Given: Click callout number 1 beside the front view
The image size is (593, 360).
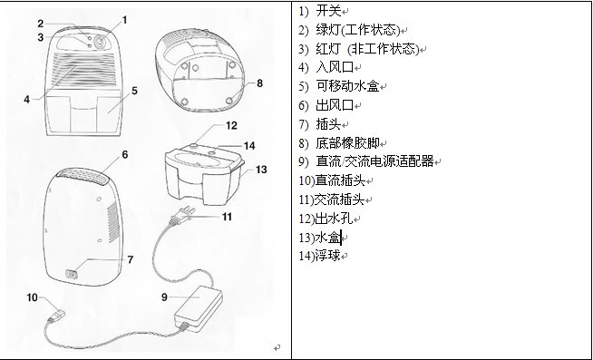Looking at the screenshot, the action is (x=124, y=20).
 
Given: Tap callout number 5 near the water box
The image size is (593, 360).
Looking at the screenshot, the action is (x=134, y=92).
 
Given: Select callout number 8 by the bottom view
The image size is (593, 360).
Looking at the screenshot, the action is (x=259, y=83).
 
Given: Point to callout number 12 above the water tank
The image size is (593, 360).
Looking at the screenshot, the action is (x=231, y=125).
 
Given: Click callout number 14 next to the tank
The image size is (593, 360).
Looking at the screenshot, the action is (x=249, y=146).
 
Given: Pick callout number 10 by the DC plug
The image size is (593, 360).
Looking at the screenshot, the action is (x=32, y=297).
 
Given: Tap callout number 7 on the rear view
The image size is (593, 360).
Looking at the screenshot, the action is (x=130, y=259).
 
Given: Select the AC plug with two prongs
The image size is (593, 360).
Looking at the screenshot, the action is (x=183, y=216).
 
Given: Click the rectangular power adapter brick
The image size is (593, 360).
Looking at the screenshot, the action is (x=199, y=308).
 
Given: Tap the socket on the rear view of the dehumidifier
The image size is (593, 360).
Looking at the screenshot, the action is (x=71, y=274).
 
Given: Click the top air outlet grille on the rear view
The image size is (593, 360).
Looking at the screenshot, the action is (x=83, y=177).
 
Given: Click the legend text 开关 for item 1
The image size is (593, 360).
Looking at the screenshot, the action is (x=328, y=11).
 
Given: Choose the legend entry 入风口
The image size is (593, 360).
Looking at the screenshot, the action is (x=335, y=67).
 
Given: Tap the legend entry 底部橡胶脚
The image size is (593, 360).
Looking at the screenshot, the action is (x=347, y=143).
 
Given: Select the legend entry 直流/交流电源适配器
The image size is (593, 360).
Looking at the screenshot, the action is (x=374, y=161).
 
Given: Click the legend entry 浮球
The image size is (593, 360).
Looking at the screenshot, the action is (x=327, y=256).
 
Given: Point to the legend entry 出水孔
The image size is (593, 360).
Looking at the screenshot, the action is (x=334, y=219).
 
